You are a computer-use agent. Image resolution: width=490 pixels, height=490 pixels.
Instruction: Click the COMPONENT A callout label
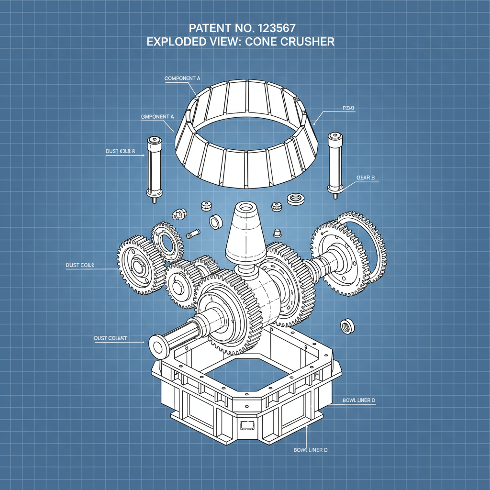point(182,78)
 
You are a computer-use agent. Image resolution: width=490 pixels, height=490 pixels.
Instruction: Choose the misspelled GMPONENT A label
point(157,116)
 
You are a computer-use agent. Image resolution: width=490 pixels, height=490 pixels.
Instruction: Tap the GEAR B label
point(366,178)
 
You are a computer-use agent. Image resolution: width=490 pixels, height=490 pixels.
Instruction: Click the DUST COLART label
point(111,338)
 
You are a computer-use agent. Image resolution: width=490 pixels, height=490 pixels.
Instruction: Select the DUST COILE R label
point(120,151)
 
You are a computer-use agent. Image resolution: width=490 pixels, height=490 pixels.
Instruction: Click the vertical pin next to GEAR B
point(334,164)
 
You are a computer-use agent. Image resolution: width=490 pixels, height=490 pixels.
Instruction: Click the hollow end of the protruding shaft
point(156,345)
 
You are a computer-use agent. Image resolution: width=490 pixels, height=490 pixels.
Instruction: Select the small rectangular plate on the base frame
point(248,424)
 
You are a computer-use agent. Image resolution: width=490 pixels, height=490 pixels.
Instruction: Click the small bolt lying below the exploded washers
point(193,234)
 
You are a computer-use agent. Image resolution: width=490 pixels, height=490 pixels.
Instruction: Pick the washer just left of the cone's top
point(215,222)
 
